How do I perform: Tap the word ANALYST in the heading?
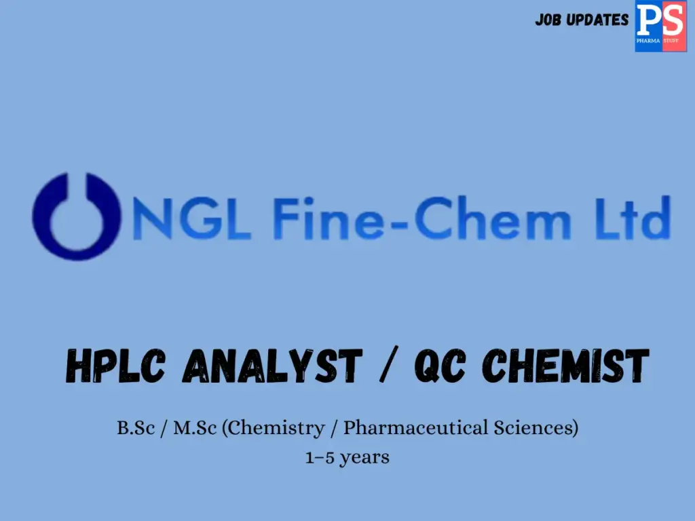coord(272,367)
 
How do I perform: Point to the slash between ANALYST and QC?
coord(385,367)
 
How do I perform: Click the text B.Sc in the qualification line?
coord(134,429)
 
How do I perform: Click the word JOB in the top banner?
coord(548,20)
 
